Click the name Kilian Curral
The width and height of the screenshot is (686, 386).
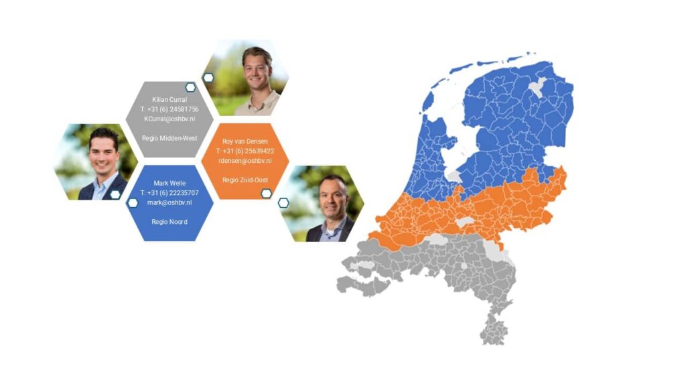(x=169, y=99)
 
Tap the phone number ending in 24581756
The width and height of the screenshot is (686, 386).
(x=169, y=109)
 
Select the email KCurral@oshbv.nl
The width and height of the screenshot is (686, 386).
(x=169, y=119)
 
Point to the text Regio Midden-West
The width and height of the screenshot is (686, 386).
(x=169, y=138)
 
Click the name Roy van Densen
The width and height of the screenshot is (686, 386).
(x=245, y=141)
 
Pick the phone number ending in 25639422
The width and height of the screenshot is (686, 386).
(x=245, y=151)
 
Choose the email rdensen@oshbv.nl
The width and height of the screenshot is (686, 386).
(x=245, y=161)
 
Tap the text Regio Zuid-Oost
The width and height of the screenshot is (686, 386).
(x=245, y=180)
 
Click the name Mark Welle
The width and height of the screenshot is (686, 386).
(x=169, y=183)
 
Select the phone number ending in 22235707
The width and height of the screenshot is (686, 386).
(x=169, y=192)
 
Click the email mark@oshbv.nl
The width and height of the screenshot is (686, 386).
(x=169, y=202)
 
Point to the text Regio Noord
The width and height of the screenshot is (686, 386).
(x=169, y=221)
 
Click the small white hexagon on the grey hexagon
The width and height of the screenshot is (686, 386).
(x=190, y=88)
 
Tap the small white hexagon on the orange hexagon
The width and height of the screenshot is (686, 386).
(x=266, y=194)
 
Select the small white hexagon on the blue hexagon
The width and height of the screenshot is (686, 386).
(x=133, y=202)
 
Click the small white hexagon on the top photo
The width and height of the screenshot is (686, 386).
(x=208, y=78)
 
